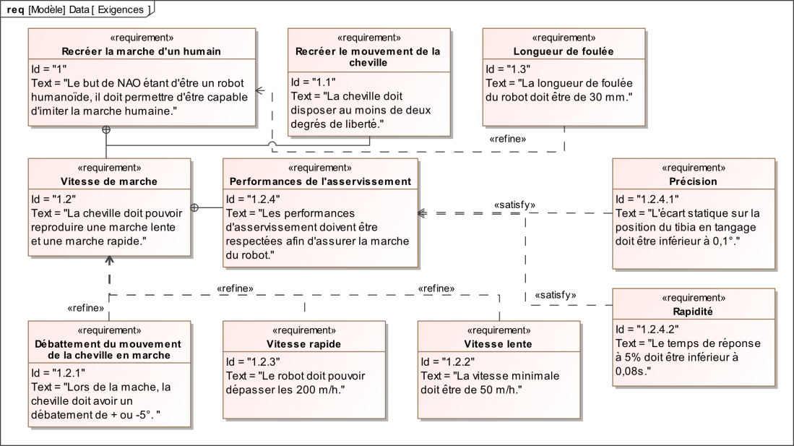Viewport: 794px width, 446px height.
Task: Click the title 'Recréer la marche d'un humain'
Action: tap(142, 51)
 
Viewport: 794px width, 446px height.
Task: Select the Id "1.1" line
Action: tap(313, 82)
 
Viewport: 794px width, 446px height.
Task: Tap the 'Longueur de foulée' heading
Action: tap(564, 51)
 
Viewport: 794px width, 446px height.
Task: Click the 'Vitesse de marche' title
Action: tap(109, 181)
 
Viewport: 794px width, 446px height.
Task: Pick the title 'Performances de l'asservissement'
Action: tap(320, 181)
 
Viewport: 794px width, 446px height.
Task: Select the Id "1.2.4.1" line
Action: tap(647, 200)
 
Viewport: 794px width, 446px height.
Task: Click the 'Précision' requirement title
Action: tap(694, 181)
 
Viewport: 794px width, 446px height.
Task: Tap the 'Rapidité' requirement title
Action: tap(693, 312)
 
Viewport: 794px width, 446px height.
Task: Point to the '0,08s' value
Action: tap(631, 371)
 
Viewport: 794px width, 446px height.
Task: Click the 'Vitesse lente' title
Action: tap(499, 344)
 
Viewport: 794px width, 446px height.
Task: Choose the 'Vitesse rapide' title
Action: tap(304, 344)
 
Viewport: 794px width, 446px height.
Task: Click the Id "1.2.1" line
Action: tap(59, 373)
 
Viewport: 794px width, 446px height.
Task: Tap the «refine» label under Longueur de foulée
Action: tap(507, 139)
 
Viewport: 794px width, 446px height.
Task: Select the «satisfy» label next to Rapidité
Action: tap(556, 295)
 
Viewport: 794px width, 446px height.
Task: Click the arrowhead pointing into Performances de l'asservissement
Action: tap(422, 213)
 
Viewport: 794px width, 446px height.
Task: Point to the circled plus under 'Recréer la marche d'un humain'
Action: tap(106, 129)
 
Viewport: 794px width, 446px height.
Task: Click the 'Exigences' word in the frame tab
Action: tap(121, 9)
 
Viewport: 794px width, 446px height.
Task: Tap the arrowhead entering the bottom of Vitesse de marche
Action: tap(109, 260)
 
